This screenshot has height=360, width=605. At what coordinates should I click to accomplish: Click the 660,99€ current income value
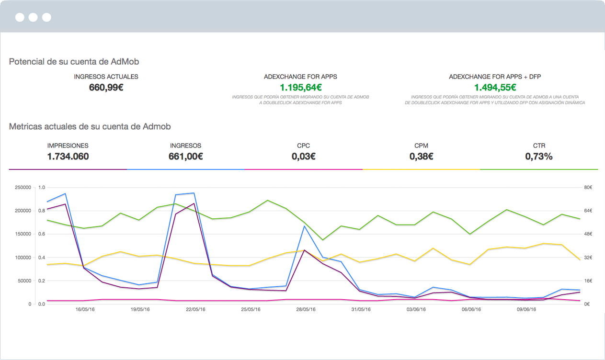point(106,87)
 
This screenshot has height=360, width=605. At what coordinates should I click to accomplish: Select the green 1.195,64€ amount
point(300,87)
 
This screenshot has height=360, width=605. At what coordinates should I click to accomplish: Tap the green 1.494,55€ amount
point(495,87)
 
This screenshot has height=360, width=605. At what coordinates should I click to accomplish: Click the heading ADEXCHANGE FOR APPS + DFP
point(495,77)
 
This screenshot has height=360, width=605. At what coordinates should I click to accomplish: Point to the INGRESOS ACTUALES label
point(106,77)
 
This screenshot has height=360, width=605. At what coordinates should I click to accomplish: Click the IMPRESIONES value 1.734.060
point(68,156)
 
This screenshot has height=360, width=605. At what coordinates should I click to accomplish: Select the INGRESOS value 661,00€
point(185,156)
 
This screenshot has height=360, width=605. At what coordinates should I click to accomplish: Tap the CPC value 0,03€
point(303,156)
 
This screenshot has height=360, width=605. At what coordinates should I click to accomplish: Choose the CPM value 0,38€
point(421,156)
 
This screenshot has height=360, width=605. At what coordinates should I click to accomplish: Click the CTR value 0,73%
point(538,156)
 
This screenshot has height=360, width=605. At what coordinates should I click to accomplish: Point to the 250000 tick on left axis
point(23,187)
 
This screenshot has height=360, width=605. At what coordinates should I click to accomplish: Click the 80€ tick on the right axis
point(587,187)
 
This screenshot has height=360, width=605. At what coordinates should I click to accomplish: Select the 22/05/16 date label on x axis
point(195,310)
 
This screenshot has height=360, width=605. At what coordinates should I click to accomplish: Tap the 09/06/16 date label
point(526,310)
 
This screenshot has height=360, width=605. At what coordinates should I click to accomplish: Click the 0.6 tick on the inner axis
point(42,234)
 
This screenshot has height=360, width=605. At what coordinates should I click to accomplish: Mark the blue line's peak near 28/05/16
point(304,226)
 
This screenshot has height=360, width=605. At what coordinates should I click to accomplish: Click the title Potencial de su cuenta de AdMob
point(74,62)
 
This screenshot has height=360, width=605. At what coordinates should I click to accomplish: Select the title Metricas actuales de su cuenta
point(90,126)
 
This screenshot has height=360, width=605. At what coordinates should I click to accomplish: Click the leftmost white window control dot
point(20,18)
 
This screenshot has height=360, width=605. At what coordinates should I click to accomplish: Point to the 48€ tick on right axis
point(587,234)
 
